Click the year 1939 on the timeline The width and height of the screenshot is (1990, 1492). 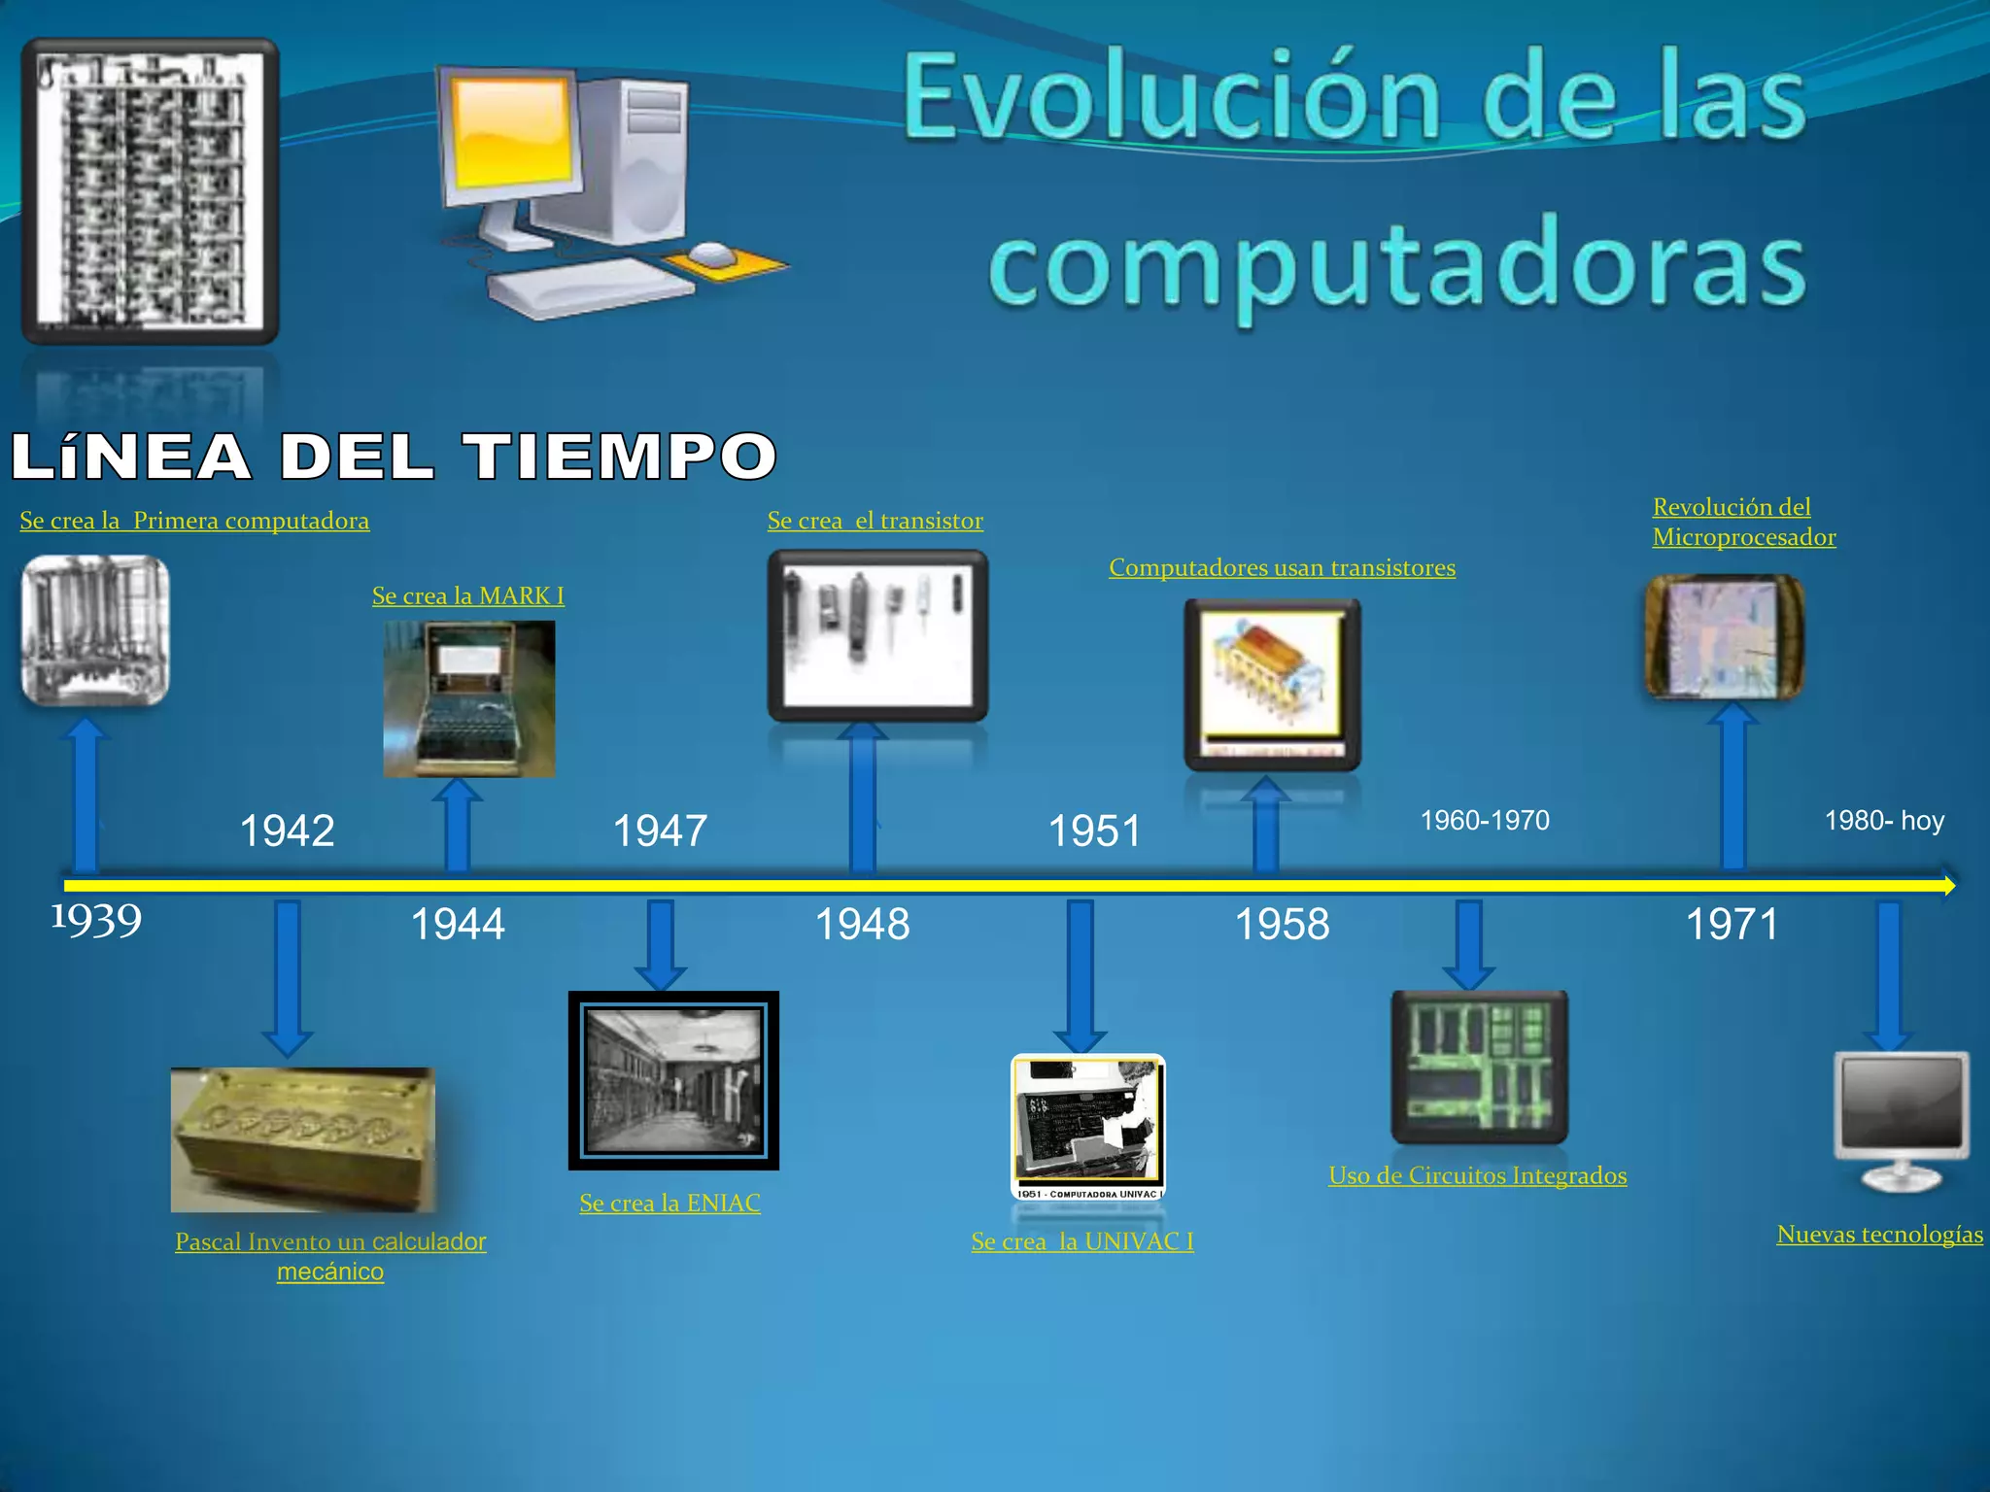[x=96, y=921]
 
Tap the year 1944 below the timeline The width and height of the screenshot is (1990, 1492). [x=458, y=924]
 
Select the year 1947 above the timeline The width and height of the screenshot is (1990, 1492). [x=660, y=831]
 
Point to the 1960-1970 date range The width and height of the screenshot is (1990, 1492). [x=1485, y=821]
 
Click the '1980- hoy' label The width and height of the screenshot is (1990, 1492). [x=1884, y=821]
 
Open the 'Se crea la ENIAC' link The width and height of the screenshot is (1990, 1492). [x=669, y=1204]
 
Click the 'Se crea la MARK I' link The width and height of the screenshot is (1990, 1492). [x=468, y=595]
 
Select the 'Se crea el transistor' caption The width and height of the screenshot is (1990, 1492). [x=875, y=521]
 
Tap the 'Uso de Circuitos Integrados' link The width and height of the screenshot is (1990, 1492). [x=1477, y=1175]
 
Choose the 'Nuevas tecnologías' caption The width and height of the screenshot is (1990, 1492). [x=1879, y=1235]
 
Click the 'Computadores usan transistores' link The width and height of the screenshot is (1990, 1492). [x=1282, y=567]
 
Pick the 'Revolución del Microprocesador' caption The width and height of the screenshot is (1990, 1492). [x=1743, y=523]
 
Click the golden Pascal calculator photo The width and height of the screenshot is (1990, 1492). [x=303, y=1139]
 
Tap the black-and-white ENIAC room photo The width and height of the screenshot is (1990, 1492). [x=673, y=1080]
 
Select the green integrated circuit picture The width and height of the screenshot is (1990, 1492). [x=1479, y=1067]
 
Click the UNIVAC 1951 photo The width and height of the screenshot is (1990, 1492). [x=1087, y=1127]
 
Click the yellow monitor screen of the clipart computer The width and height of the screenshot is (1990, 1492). [x=511, y=134]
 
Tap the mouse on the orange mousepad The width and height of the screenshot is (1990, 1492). [x=712, y=254]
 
